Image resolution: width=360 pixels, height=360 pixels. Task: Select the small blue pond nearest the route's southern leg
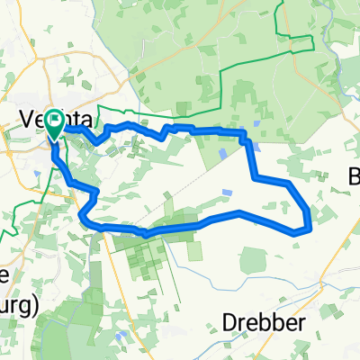coord(228,193)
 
